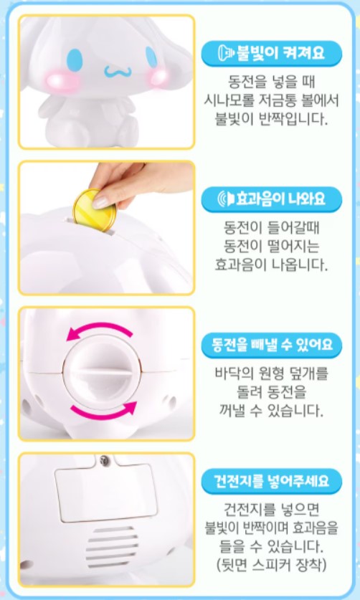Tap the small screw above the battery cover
(x=105, y=459)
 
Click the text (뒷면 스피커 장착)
(x=272, y=566)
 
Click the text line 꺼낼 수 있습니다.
(x=272, y=411)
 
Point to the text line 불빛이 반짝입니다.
(x=272, y=118)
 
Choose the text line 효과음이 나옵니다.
(x=272, y=264)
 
